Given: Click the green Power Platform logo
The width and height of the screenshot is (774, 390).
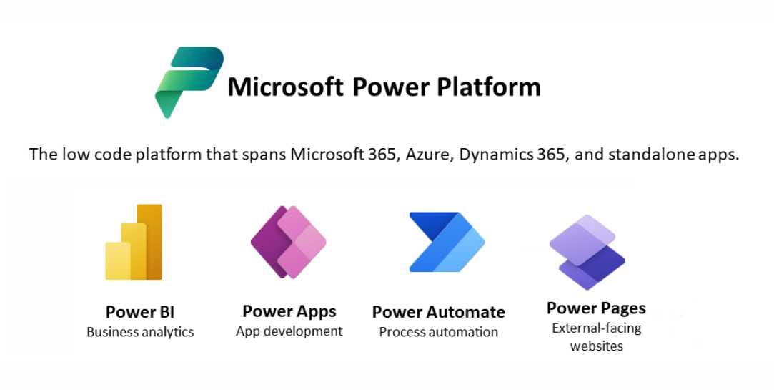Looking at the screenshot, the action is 189,82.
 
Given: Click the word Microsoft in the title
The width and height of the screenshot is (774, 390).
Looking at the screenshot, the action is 285,87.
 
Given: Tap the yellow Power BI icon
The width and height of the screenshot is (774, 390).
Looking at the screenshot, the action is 134,242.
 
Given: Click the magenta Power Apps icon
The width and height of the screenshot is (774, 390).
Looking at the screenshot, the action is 288,242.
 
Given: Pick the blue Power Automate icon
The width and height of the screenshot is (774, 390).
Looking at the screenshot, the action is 447,242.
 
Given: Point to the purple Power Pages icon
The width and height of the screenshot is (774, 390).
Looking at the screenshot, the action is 587,252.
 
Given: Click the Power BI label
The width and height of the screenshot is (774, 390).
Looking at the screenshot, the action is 139,313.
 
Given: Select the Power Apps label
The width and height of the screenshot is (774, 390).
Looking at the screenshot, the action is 289,312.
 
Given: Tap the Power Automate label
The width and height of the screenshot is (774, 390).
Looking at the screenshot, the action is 438,313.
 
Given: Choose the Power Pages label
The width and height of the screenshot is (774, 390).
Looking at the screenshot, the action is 596,308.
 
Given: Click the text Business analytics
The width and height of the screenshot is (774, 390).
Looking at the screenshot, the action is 140,332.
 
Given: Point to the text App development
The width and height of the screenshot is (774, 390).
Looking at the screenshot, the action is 289,331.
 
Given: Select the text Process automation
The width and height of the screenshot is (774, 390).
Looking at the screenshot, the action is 438,332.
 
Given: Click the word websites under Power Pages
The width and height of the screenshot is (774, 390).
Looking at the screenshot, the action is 596,346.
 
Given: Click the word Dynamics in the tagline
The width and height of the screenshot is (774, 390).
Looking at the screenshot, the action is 495,155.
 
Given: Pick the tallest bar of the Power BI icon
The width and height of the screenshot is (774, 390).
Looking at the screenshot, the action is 149,242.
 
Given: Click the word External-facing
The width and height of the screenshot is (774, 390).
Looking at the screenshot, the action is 596,328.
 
